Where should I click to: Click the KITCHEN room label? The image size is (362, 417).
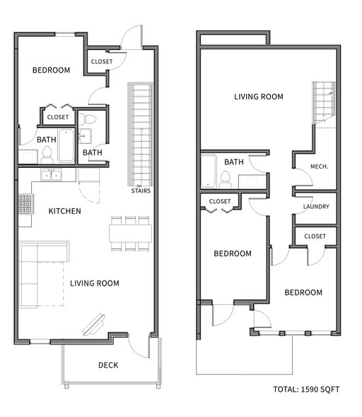[x=64, y=211]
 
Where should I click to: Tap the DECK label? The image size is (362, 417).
[x=108, y=365]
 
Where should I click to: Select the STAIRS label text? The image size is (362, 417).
[x=141, y=191]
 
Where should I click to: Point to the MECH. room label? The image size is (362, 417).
[x=320, y=167]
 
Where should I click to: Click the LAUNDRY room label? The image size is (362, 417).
[x=316, y=206]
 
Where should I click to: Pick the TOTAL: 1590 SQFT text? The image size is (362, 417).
[x=306, y=389]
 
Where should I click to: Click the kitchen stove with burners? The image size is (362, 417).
[x=25, y=204]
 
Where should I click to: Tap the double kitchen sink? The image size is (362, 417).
[x=51, y=175]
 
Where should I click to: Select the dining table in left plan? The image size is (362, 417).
[x=130, y=234]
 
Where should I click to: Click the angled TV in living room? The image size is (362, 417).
[x=94, y=325]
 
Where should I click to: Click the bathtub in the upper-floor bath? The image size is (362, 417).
[x=209, y=171]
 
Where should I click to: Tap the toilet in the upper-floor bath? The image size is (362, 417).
[x=226, y=179]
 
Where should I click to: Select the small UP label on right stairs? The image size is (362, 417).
[x=331, y=93]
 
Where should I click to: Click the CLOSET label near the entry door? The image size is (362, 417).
[x=102, y=61]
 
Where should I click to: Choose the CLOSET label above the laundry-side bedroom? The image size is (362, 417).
[x=315, y=236]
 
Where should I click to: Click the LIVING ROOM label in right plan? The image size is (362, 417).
[x=259, y=97]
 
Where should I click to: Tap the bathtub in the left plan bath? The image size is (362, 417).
[x=66, y=145]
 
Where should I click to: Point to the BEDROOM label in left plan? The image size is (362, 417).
[x=51, y=71]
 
